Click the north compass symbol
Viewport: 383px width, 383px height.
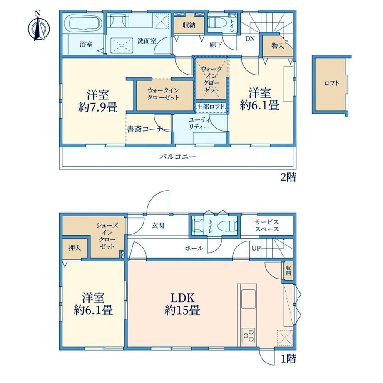[39, 27]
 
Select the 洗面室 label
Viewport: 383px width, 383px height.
[147, 40]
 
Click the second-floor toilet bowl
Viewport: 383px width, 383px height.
[214, 23]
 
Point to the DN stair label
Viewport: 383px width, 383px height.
[250, 39]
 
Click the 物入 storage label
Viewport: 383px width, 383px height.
[278, 45]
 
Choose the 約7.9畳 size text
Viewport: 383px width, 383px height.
[98, 107]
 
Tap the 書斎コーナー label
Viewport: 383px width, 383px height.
[148, 129]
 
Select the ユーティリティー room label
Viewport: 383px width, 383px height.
[199, 124]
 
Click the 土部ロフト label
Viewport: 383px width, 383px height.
[211, 107]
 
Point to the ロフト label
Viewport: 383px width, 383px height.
[331, 83]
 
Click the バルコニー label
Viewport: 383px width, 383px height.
[178, 157]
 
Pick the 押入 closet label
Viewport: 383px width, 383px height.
[75, 248]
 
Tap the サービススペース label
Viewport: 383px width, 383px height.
[267, 226]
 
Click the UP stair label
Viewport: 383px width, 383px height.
[256, 249]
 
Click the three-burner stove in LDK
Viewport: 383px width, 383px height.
[249, 336]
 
